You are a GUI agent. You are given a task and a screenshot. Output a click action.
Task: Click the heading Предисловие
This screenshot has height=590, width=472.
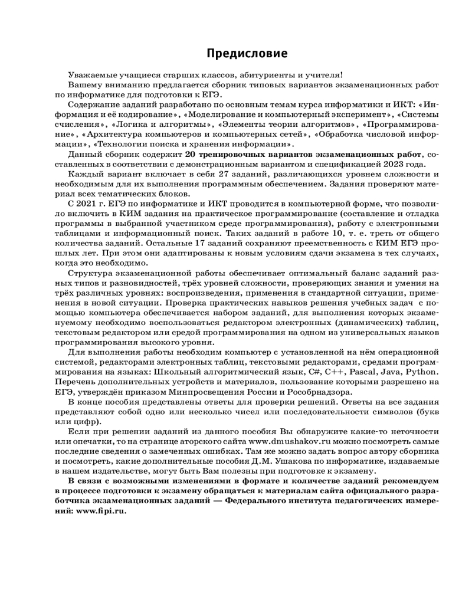247,54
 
